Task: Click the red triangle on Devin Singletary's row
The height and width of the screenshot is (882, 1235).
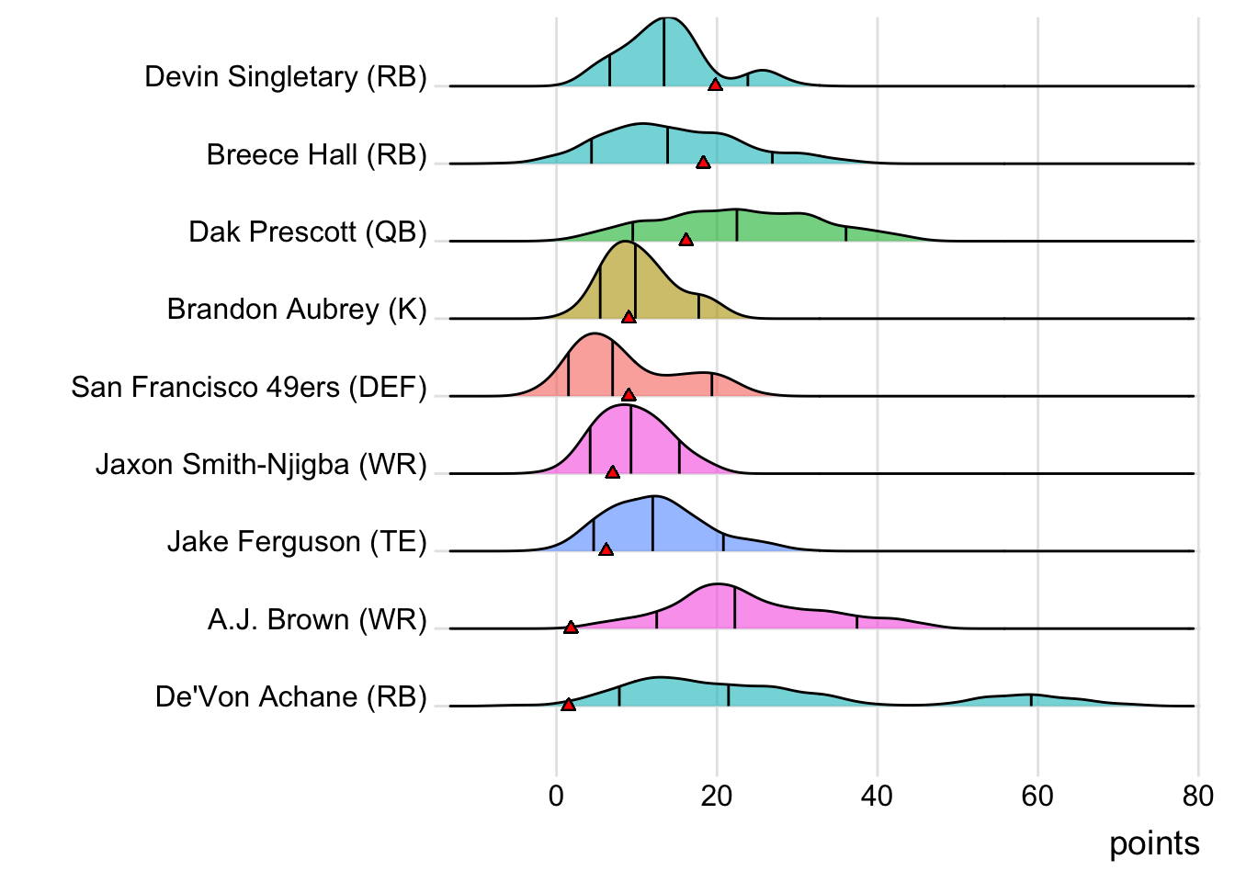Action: (x=715, y=85)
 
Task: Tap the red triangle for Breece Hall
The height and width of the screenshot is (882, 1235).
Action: (x=703, y=163)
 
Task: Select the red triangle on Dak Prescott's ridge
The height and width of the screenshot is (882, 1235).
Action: (x=685, y=240)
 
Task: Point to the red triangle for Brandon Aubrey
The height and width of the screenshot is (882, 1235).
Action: (x=629, y=317)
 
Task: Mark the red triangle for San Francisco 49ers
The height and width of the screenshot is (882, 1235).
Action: (x=629, y=395)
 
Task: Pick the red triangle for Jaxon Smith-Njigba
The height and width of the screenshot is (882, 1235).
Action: (x=613, y=472)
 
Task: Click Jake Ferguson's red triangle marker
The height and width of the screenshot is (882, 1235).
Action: (x=606, y=549)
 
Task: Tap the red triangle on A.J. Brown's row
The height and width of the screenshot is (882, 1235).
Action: (x=571, y=628)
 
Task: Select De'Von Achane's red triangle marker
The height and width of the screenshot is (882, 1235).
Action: (x=568, y=705)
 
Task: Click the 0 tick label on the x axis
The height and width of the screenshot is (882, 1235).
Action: (x=556, y=796)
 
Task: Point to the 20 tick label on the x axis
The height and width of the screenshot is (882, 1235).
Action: (x=717, y=796)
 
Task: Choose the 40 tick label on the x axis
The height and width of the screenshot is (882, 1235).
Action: (x=877, y=796)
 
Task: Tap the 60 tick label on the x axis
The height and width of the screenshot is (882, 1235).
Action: (x=1037, y=796)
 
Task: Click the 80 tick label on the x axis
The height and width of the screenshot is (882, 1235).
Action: (x=1197, y=796)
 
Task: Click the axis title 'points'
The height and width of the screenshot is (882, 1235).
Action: (x=1154, y=843)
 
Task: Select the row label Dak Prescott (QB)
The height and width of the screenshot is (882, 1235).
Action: (x=308, y=232)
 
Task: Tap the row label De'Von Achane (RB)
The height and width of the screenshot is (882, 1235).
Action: (x=291, y=696)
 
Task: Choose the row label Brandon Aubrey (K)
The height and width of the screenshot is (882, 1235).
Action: (x=297, y=309)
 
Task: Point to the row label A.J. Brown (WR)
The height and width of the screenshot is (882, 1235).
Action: (x=317, y=619)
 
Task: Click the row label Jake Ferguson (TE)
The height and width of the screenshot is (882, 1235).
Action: (x=297, y=542)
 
